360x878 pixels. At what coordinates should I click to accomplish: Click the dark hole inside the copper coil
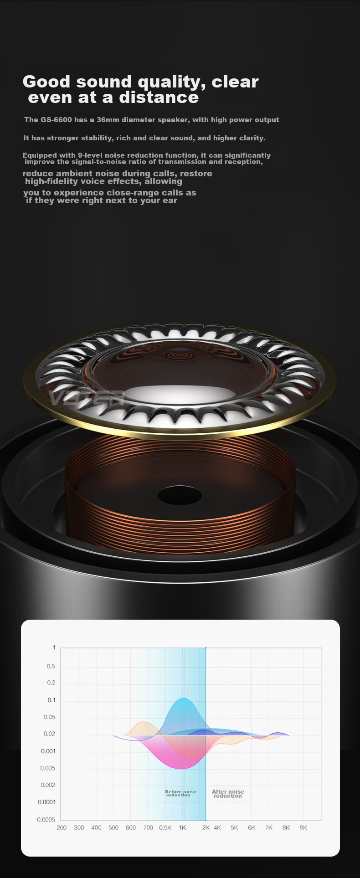pyautogui.click(x=180, y=495)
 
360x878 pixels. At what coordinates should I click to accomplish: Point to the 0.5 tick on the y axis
pyautogui.click(x=51, y=666)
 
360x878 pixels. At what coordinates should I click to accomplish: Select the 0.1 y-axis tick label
pyautogui.click(x=51, y=700)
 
